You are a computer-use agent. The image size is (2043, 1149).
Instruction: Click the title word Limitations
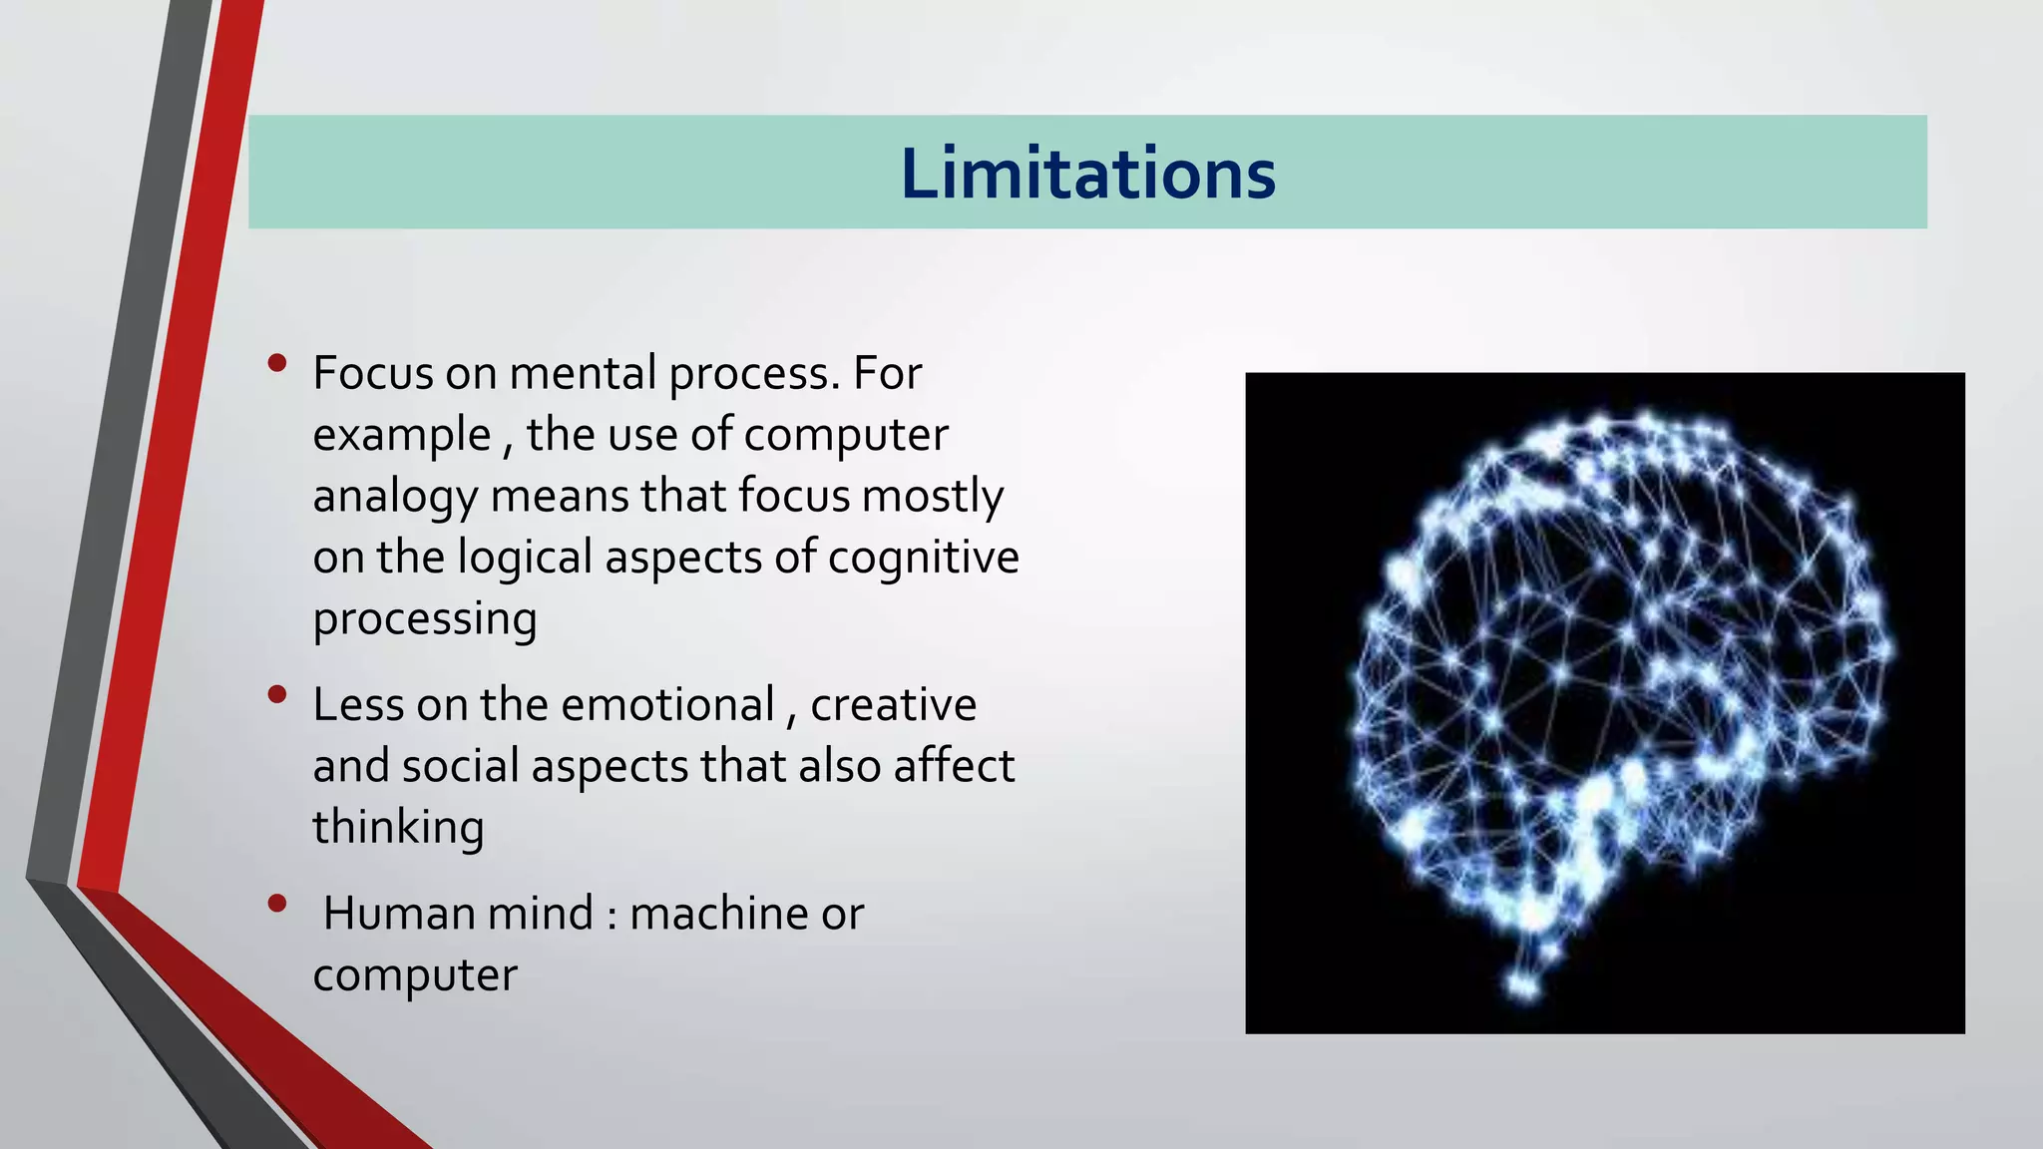click(x=1087, y=174)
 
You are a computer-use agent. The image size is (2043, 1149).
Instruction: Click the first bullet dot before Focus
click(x=277, y=363)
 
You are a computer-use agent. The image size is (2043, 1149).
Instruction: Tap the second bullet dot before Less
click(x=277, y=694)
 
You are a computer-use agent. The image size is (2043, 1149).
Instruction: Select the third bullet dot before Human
click(x=277, y=904)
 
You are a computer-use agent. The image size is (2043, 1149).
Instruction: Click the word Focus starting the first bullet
click(x=373, y=373)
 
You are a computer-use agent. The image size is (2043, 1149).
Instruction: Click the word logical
click(x=525, y=557)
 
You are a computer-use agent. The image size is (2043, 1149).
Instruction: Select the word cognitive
click(x=923, y=557)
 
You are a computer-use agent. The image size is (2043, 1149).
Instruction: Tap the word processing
click(x=424, y=618)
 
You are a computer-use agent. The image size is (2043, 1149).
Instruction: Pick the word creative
click(x=893, y=704)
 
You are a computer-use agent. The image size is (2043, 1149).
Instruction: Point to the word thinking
click(x=398, y=827)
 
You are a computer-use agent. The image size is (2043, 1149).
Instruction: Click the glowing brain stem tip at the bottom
click(x=1523, y=987)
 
